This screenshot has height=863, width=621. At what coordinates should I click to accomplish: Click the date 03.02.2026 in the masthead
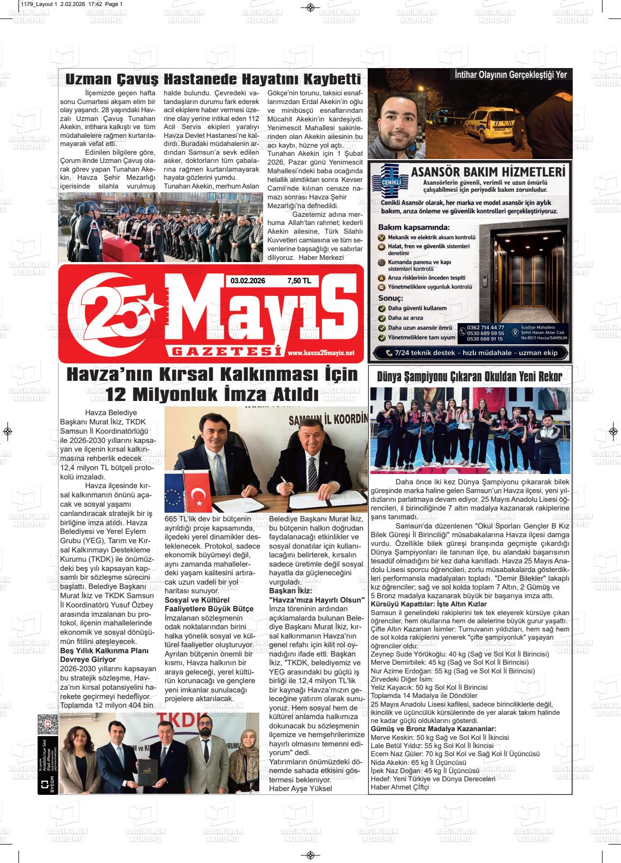click(x=248, y=281)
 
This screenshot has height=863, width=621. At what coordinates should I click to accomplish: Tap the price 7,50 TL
click(x=299, y=281)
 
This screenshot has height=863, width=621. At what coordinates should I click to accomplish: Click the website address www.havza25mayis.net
click(x=321, y=353)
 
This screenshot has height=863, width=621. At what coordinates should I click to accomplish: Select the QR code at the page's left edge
click(x=48, y=725)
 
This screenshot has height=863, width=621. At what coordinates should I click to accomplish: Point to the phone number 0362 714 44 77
click(x=485, y=327)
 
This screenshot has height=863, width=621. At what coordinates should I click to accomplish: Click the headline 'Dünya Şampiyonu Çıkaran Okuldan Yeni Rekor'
click(x=470, y=375)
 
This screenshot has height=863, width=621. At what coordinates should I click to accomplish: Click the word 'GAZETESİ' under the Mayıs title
click(x=224, y=353)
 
